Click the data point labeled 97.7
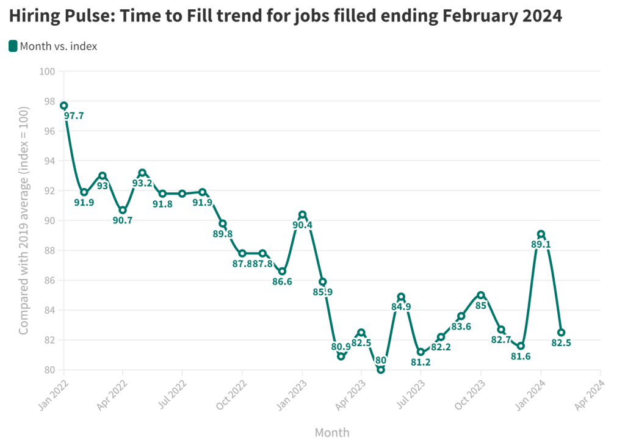(x=63, y=106)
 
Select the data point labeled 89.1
(x=541, y=234)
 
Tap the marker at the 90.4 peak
(x=302, y=215)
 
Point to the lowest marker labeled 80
(x=381, y=369)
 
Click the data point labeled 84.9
(x=401, y=297)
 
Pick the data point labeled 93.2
(x=142, y=173)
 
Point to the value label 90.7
(x=123, y=220)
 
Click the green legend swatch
(x=13, y=46)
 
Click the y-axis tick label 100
(x=47, y=72)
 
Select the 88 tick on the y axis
(x=49, y=250)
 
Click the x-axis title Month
(x=332, y=433)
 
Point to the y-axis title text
(x=24, y=220)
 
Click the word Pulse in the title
(x=87, y=17)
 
